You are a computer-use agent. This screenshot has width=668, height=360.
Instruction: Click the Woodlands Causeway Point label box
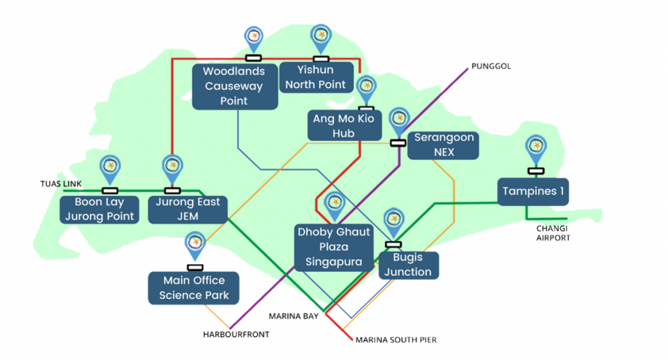point(234,86)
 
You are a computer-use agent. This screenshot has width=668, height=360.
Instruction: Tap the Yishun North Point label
point(315,77)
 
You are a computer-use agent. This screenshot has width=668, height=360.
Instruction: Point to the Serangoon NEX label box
point(444,145)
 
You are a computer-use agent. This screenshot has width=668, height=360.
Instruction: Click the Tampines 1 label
point(534,192)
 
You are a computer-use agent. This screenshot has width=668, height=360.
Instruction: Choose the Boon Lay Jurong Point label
point(99,209)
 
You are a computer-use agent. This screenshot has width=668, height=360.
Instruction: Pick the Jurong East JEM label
point(187,209)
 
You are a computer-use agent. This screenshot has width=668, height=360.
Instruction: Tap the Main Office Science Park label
point(194,288)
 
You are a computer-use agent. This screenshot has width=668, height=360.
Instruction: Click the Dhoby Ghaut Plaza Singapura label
point(334,247)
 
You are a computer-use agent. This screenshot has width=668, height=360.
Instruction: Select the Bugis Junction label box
point(408,264)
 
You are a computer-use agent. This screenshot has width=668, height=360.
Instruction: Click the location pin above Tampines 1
point(536,147)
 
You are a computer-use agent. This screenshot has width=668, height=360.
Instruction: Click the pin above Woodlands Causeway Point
point(253,37)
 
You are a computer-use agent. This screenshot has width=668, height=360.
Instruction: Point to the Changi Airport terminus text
point(553,233)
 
